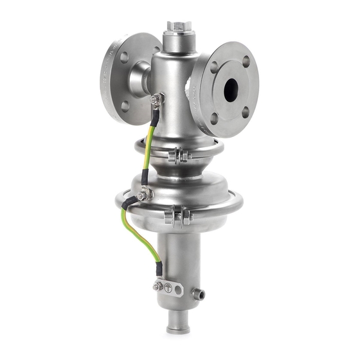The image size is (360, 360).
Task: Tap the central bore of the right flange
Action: coord(230,89)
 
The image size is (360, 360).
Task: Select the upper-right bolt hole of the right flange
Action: coord(246,62)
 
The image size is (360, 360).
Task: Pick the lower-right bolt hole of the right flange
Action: coord(245,112)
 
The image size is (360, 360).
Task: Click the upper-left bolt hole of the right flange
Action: coord(214,67)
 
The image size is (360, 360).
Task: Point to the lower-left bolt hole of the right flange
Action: coord(214,118)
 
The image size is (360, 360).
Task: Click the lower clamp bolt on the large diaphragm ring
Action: coord(178,217)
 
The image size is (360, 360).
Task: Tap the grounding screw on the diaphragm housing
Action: coord(143,194)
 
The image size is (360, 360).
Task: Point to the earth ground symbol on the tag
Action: coord(168,287)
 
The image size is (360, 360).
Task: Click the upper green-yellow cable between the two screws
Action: coord(149,145)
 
